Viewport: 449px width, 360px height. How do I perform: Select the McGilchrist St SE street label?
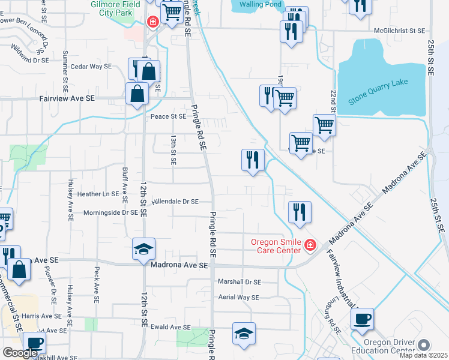(399, 30)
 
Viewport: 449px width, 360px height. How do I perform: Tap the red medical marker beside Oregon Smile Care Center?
(310, 245)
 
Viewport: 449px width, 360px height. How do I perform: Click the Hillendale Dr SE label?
(175, 202)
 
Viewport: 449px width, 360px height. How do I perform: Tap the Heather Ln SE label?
(97, 194)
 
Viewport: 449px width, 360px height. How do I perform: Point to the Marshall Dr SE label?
(239, 281)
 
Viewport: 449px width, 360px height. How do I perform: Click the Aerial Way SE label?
(238, 297)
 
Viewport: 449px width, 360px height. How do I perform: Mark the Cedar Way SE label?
(91, 67)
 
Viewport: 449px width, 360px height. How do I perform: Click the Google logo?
(20, 353)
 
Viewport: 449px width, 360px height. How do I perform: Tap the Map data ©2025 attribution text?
(424, 355)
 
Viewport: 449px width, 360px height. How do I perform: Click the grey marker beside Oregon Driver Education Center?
(424, 345)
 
